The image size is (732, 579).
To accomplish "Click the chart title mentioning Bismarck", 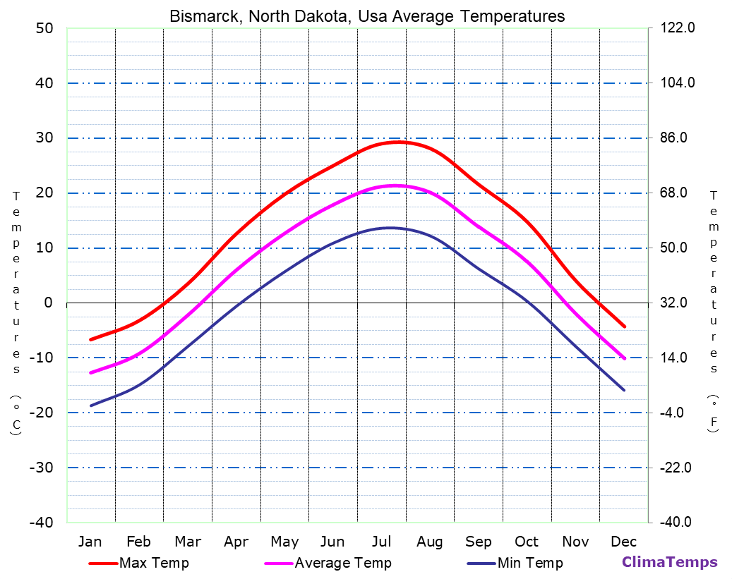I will [367, 16].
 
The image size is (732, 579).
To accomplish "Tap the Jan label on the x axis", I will [90, 542].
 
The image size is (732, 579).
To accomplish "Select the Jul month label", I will [381, 542].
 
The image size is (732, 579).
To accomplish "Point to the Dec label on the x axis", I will [624, 542].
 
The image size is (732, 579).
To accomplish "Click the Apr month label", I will [236, 542].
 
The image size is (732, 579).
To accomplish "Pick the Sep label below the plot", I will [479, 542].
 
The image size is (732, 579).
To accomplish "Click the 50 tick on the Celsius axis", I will [44, 28].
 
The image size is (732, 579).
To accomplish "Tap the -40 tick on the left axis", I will [41, 523].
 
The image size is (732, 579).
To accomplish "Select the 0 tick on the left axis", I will [48, 303].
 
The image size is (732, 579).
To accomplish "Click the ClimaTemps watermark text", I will [669, 562].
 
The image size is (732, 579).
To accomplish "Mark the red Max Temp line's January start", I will [90, 340].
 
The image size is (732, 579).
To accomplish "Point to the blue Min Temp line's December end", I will [624, 390].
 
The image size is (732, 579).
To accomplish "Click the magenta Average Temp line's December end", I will [624, 358].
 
